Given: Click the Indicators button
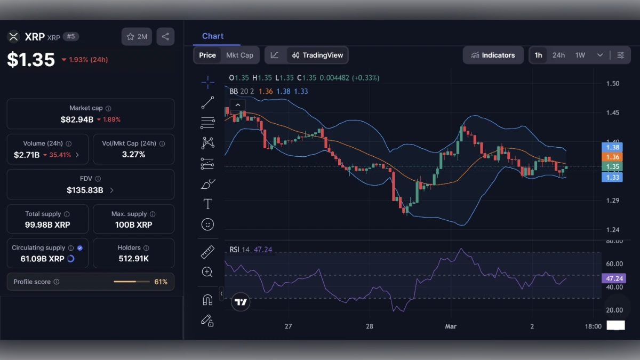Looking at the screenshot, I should click(493, 55).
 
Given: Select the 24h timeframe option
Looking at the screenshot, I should click(558, 55).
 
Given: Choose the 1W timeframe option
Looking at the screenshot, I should click(580, 55).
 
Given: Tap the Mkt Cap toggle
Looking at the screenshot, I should click(239, 55).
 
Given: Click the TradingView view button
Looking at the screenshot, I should click(318, 55).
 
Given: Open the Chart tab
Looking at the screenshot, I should click(213, 36).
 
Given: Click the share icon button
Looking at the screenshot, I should click(165, 37).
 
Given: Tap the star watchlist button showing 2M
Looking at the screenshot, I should click(137, 37).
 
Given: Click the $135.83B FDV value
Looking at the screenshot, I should click(85, 190).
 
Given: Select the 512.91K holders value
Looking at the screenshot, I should click(133, 259).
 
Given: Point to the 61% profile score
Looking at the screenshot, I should click(161, 282).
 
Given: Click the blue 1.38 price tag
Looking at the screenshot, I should click(612, 147).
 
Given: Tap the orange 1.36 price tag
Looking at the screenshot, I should click(612, 157).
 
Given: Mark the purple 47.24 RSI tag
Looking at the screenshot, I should click(612, 278).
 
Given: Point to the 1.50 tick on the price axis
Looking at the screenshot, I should click(613, 83).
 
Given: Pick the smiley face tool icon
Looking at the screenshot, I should click(207, 225).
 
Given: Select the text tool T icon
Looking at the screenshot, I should click(207, 204).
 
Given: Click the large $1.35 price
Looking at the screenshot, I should click(31, 59).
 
